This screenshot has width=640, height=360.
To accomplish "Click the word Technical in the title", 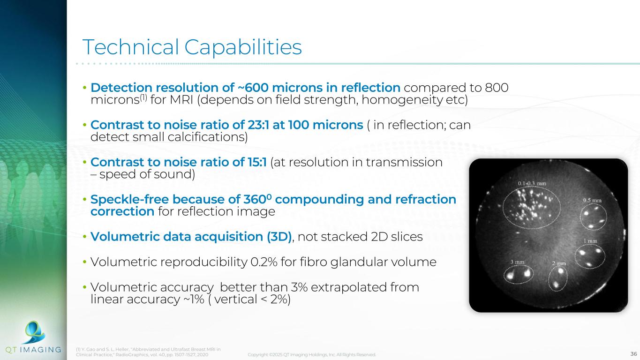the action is [130, 47].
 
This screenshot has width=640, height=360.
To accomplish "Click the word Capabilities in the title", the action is [243, 47].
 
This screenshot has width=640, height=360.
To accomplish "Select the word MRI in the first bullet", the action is [181, 100].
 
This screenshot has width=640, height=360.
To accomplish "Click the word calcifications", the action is [208, 137].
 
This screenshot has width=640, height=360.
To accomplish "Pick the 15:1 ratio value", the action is [256, 162].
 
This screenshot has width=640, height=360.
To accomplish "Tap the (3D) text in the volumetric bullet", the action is [279, 237].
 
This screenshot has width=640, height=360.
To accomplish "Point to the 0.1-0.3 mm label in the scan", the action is [532, 183].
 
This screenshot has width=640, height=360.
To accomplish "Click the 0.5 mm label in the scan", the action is [592, 201].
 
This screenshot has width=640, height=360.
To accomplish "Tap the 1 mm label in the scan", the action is [590, 241].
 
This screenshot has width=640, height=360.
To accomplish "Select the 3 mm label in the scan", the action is [518, 262].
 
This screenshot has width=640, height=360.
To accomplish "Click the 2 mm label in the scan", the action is [558, 263].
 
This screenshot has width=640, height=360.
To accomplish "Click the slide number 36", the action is [633, 354].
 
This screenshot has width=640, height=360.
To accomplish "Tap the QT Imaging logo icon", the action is [34, 332].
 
